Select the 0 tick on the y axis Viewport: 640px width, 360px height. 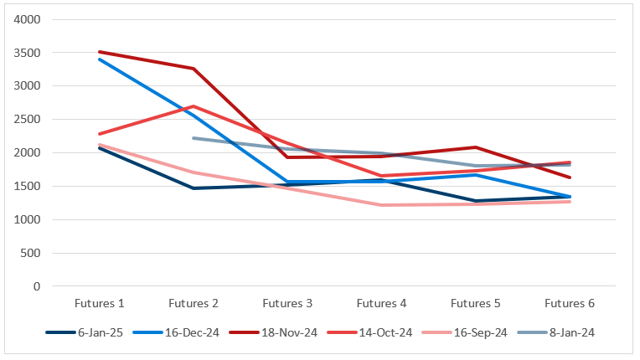37,286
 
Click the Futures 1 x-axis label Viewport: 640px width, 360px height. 100,303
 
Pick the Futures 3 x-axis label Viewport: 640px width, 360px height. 287,303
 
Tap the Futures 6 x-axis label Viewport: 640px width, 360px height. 570,303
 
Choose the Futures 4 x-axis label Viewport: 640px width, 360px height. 381,303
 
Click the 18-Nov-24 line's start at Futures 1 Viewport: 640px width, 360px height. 100,52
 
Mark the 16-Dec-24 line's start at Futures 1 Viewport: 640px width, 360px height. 100,59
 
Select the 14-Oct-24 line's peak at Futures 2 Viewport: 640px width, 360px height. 194,106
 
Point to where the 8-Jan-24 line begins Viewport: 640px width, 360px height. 194,138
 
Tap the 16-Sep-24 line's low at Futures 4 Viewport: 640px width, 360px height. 381,205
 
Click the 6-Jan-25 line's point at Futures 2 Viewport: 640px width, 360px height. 194,188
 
